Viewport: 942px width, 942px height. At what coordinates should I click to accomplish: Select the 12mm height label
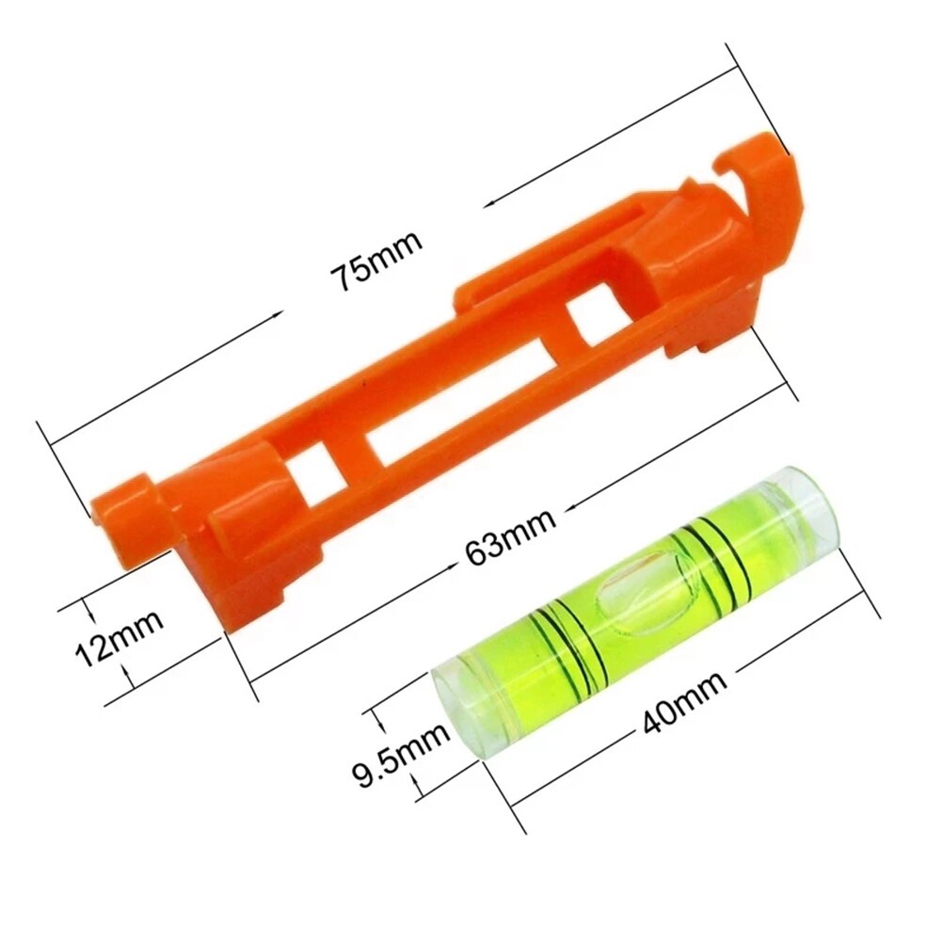pyautogui.click(x=119, y=638)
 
